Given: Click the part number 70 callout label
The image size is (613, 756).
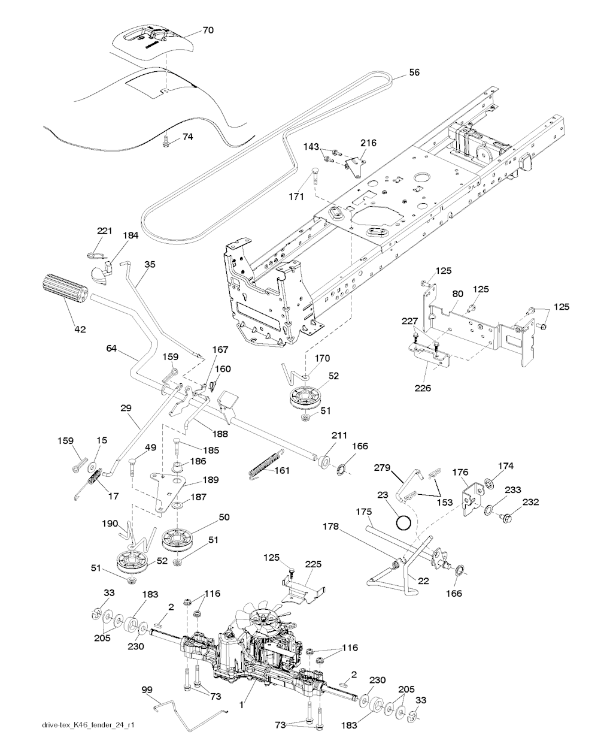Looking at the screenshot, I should point(207,30).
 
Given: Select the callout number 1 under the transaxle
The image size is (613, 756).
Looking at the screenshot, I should point(241,706).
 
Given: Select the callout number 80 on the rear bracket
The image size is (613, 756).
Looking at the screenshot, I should point(457,294).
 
